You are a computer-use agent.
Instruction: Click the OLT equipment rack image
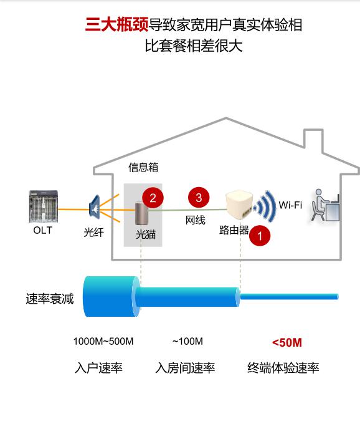pos(44,206)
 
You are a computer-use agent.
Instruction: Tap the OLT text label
pos(42,230)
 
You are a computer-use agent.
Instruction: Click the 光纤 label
pos(94,233)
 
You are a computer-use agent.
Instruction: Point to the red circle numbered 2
pos(153,198)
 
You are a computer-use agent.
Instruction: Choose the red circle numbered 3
pos(199,197)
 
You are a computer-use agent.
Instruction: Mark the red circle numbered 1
pos(260,236)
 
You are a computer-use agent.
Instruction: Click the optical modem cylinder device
pos(141,213)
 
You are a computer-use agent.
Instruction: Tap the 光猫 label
pos(146,234)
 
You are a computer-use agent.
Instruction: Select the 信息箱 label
pos(143,167)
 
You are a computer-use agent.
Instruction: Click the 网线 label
pos(195,220)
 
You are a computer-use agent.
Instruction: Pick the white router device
pos(239,205)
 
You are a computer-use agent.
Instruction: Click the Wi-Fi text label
pos(290,205)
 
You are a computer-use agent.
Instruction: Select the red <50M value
pos(287,342)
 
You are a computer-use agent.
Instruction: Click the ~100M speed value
pos(188,342)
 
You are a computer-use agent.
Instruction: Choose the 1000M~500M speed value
pos(103,342)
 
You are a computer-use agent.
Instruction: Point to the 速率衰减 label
pos(50,299)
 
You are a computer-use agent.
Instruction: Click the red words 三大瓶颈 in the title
pos(117,24)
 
